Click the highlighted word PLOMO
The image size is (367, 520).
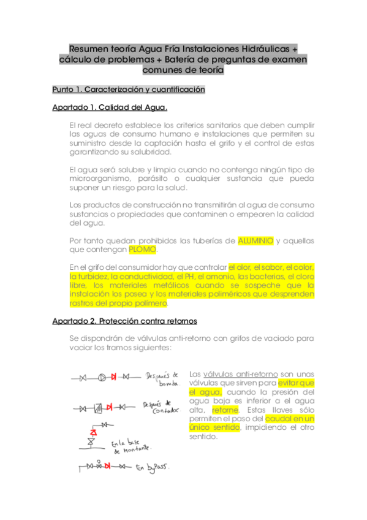143,250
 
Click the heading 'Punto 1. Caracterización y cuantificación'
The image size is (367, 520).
128,90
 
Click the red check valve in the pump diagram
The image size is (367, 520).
113,377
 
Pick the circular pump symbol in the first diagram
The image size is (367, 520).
101,377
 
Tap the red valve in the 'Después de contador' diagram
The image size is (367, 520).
109,407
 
